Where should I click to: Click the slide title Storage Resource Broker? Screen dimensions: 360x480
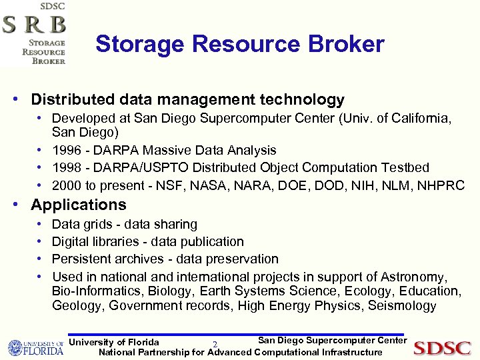(x=239, y=45)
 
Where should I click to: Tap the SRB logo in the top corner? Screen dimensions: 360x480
(x=34, y=33)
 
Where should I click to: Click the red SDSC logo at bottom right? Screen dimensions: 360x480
(x=442, y=348)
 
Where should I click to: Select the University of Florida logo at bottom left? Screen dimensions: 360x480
(x=35, y=348)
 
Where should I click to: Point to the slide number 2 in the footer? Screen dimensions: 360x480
(x=215, y=345)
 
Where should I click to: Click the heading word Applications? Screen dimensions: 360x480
(x=79, y=205)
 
